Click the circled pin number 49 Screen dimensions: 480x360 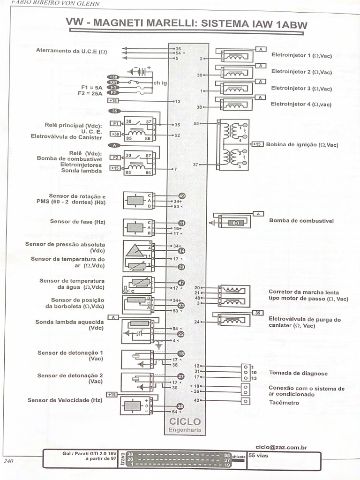click(x=182, y=195)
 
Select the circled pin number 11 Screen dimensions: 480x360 click(x=182, y=223)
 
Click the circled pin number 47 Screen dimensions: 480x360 click(x=181, y=283)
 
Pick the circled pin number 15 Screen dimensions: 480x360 click(x=181, y=354)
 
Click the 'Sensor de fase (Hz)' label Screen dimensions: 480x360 click(x=78, y=222)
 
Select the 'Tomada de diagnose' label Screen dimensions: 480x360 click(x=298, y=373)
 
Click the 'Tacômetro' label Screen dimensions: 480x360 click(x=284, y=402)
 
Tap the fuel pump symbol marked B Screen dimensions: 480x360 click(x=236, y=223)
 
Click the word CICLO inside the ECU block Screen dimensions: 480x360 click(x=185, y=422)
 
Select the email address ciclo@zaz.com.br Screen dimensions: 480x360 click(x=281, y=447)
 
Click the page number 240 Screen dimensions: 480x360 click(x=8, y=461)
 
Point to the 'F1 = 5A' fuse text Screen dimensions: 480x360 click(x=91, y=87)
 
